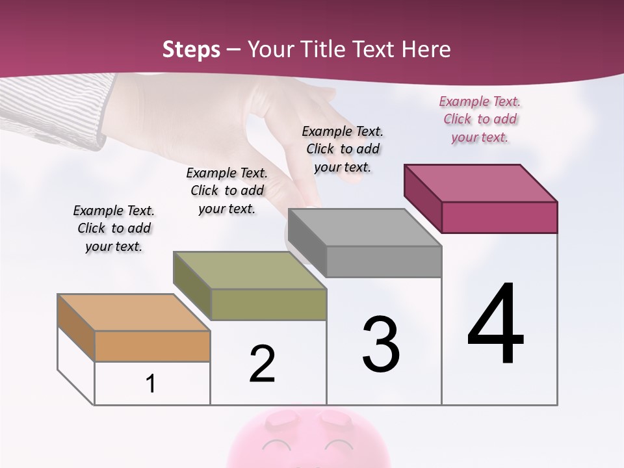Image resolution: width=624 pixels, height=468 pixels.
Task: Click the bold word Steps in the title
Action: pyautogui.click(x=191, y=49)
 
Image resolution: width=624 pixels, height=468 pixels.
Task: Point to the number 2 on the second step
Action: pyautogui.click(x=263, y=364)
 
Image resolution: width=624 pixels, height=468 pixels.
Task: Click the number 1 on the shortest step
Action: pyautogui.click(x=151, y=384)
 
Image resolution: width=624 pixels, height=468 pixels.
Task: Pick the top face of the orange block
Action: pyautogui.click(x=134, y=313)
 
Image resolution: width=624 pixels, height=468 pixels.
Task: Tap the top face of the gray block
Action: pyautogui.click(x=365, y=227)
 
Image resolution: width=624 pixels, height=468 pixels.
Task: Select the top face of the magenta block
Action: pyautogui.click(x=480, y=183)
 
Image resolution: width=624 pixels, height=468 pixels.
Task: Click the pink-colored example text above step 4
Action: pyautogui.click(x=480, y=120)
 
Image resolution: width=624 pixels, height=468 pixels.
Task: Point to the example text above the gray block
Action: pyautogui.click(x=343, y=149)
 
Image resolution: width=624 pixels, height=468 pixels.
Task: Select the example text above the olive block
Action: pyautogui.click(x=227, y=190)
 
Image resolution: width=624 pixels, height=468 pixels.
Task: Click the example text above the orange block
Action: pyautogui.click(x=114, y=228)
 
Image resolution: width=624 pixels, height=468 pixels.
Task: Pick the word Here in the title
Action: pyautogui.click(x=426, y=49)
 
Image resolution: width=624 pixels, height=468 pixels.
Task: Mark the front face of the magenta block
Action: pyautogui.click(x=499, y=217)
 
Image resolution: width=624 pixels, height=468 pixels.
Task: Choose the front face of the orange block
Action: pyautogui.click(x=152, y=346)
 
